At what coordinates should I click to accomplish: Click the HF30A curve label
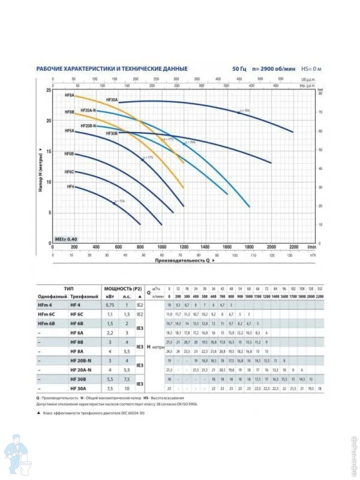(112, 100)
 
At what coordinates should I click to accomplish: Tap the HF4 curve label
(70, 186)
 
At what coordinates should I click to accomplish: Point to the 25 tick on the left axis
(49, 90)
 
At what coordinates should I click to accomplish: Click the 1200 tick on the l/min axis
(184, 247)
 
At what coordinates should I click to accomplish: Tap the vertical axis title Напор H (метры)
(41, 170)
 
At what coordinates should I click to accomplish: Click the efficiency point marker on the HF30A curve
(239, 113)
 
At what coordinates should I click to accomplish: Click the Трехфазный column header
(83, 296)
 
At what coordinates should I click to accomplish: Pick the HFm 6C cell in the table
(47, 314)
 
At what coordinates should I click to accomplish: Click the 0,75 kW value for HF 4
(110, 305)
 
